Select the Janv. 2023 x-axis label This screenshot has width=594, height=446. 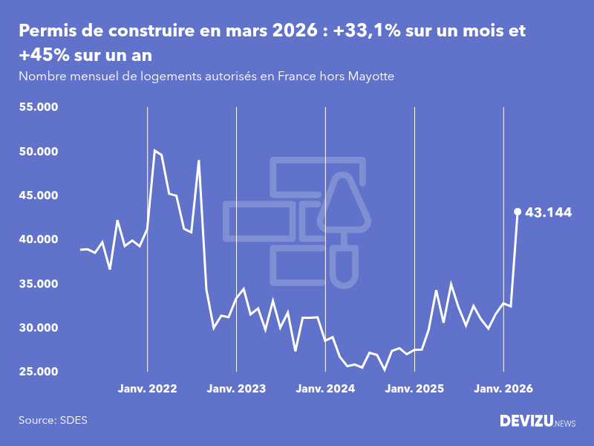pos(236,389)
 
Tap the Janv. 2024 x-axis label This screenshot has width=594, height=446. pos(325,389)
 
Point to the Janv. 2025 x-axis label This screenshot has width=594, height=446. pos(414,389)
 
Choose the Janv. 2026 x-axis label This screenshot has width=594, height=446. pos(503,389)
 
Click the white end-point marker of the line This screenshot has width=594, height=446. pos(518,212)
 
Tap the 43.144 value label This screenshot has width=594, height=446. pos(548,213)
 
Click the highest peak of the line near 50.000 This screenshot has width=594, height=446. pos(154,151)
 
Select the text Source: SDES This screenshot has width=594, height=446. pos(53,420)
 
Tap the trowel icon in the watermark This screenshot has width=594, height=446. pos(344,230)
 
